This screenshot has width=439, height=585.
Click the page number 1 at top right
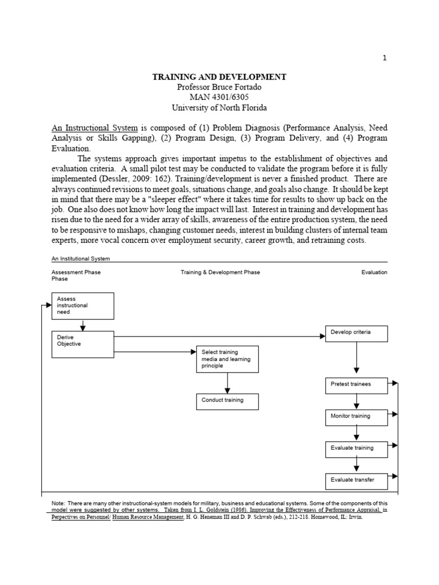pyautogui.click(x=385, y=58)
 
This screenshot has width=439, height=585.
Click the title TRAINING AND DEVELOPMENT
pyautogui.click(x=219, y=77)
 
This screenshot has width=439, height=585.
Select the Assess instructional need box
pyautogui.click(x=83, y=306)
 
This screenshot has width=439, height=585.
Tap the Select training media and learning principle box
pyautogui.click(x=227, y=359)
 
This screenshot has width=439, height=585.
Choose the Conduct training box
pyautogui.click(x=227, y=401)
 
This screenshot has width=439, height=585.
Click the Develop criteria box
pyautogui.click(x=356, y=333)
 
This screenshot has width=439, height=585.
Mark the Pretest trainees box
pyautogui.click(x=356, y=384)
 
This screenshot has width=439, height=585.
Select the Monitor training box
pyautogui.click(x=356, y=416)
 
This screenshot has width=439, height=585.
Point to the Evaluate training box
pyautogui.click(x=356, y=448)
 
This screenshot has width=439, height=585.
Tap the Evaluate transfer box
pyautogui.click(x=356, y=480)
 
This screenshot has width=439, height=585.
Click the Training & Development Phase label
pyautogui.click(x=220, y=273)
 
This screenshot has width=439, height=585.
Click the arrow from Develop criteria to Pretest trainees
pyautogui.click(x=357, y=359)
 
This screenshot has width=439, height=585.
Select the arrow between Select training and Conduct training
pyautogui.click(x=228, y=383)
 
